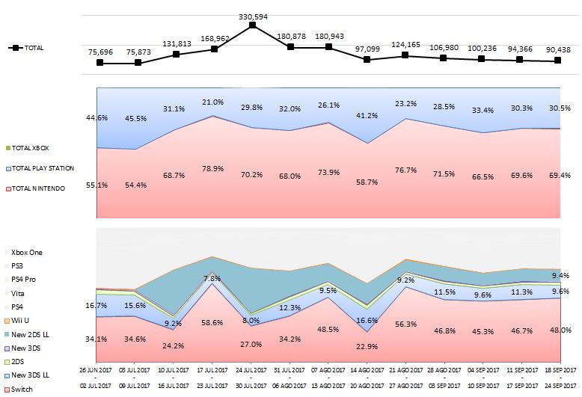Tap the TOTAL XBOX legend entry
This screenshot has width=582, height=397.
[30, 149]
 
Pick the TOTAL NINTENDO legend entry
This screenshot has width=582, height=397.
[37, 189]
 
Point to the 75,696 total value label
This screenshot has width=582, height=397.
[99, 52]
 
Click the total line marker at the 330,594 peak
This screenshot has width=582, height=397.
[253, 25]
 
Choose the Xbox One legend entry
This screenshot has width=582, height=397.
[27, 253]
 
